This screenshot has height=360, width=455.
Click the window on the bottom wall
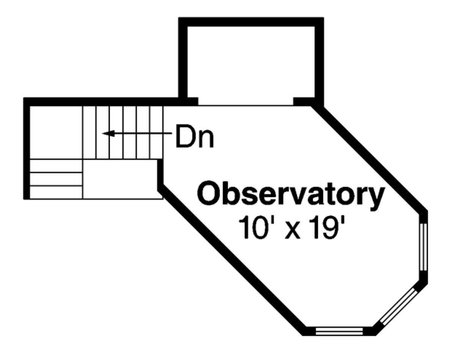pyautogui.click(x=339, y=331)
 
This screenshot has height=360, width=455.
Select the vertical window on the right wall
pyautogui.click(x=424, y=246)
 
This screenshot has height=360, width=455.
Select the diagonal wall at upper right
pyautogui.click(x=372, y=159)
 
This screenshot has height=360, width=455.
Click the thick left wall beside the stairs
pyautogui.click(x=27, y=148)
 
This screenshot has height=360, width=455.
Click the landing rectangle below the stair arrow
pyautogui.click(x=121, y=178)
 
